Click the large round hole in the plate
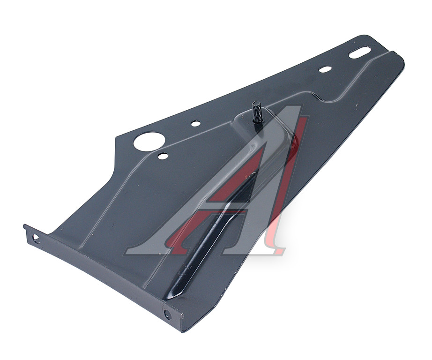tap(149, 141)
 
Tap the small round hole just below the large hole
tap(163, 156)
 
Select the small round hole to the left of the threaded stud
tap(195, 123)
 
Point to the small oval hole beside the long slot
tap(325, 69)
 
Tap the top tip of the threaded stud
tap(256, 102)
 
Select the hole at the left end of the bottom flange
tap(36, 239)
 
